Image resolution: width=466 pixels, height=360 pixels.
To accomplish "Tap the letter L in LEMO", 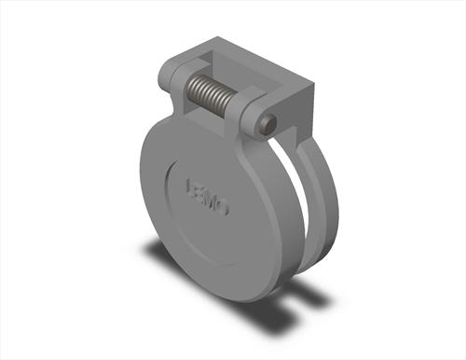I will pyautogui.click(x=191, y=186).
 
